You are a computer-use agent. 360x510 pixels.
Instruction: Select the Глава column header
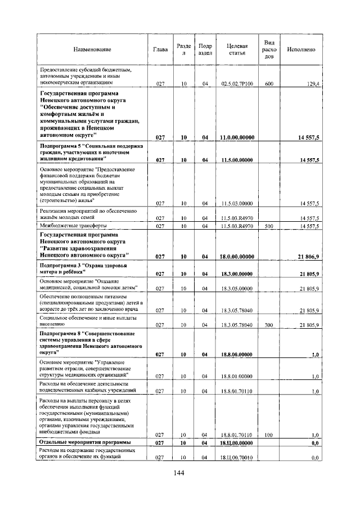coord(160,50)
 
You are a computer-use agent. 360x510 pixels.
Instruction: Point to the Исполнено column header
coord(301,50)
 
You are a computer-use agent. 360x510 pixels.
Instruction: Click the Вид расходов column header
coord(269,50)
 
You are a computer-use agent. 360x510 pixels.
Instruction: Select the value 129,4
coord(312,84)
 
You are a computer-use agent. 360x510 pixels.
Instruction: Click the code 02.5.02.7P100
coord(237,84)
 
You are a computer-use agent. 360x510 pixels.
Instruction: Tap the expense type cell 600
coord(269,84)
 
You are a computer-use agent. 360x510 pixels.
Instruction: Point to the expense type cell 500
coord(269,226)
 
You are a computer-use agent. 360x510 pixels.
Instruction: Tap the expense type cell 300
coord(269,325)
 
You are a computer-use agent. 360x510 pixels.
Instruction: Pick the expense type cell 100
coord(269,435)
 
